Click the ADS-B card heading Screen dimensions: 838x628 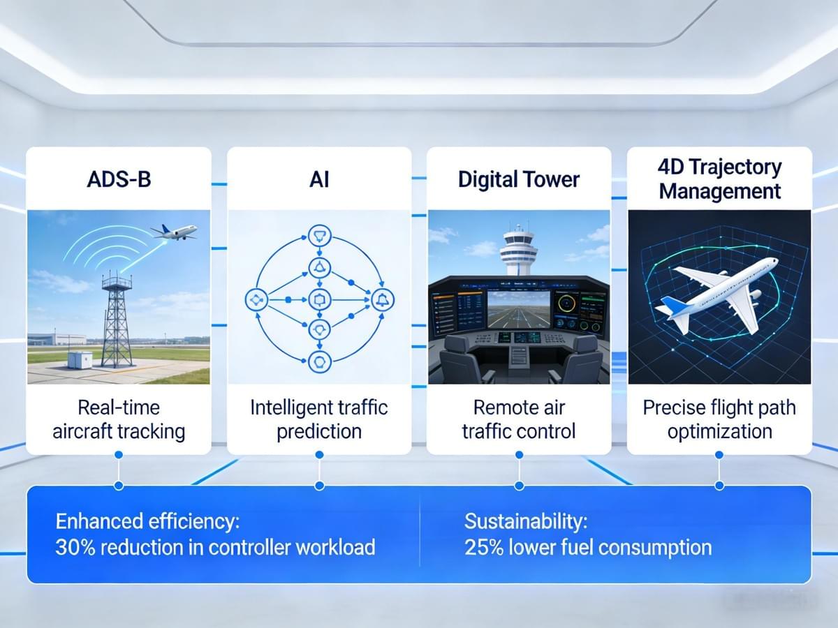click(119, 179)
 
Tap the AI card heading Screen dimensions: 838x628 click(319, 179)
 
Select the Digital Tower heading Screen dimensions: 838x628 click(519, 179)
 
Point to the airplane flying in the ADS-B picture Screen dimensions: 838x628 click(174, 232)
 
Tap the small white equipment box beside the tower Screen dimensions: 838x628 click(80, 360)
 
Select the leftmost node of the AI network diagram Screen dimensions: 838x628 click(256, 300)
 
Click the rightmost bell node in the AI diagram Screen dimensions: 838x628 click(383, 300)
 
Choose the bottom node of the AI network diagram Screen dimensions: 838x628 click(320, 362)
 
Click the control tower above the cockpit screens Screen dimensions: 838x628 click(518, 249)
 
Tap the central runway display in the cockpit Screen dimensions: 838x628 click(519, 309)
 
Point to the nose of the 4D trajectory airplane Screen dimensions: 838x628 click(774, 262)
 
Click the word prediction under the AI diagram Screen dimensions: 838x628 click(319, 432)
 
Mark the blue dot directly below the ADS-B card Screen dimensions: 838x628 click(119, 454)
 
